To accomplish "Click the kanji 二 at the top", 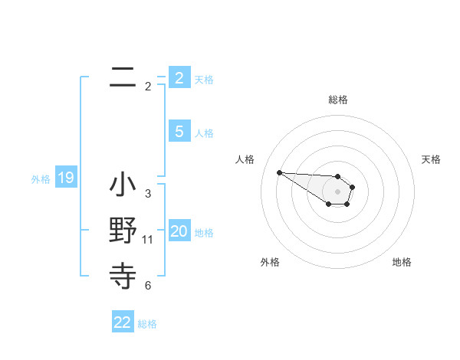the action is (x=123, y=77).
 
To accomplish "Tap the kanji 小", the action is (x=123, y=185).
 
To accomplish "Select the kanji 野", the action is (x=123, y=231).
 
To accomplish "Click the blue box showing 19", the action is (x=66, y=178).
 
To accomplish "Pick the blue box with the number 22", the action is (x=123, y=322).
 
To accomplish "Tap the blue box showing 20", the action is (x=179, y=232).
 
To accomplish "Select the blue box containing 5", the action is (x=179, y=132).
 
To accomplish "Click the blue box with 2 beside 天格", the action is (x=179, y=78).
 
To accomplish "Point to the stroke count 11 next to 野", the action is (x=148, y=240).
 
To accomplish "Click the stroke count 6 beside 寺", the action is (x=148, y=286).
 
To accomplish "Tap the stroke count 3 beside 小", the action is (x=148, y=194).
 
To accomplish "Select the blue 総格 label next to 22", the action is (x=148, y=324).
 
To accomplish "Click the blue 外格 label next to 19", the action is (x=41, y=179).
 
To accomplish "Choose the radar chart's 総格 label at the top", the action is (x=337, y=100).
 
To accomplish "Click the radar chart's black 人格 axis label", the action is (x=245, y=159).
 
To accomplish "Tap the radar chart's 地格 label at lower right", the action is (x=402, y=262).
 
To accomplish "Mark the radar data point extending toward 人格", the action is (x=279, y=172).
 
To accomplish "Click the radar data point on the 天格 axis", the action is (x=353, y=186).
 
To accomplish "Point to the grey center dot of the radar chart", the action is (x=337, y=191).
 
